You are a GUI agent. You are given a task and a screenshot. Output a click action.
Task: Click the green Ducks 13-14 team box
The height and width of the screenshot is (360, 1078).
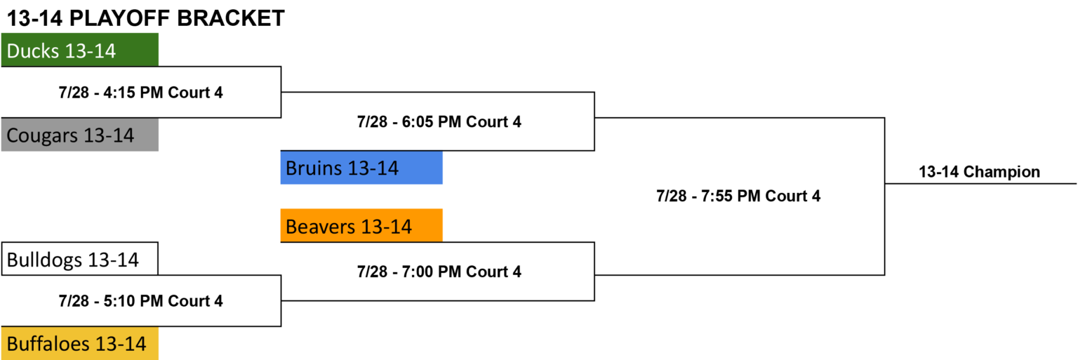click(80, 50)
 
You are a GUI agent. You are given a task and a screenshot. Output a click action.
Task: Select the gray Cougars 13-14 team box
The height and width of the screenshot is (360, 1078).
click(80, 135)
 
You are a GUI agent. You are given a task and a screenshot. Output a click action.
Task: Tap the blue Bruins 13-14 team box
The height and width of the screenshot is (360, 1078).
click(361, 168)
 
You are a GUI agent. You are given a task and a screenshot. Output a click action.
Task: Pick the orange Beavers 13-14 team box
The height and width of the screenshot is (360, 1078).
click(361, 225)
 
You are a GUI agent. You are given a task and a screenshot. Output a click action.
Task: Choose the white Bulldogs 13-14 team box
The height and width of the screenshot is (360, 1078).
click(80, 259)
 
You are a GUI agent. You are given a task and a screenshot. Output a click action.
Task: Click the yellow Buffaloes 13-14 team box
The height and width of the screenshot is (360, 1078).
click(80, 344)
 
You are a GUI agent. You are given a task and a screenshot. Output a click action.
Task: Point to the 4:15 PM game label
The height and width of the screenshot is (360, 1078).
click(140, 93)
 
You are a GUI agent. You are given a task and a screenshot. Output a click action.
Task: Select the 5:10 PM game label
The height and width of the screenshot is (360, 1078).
click(140, 301)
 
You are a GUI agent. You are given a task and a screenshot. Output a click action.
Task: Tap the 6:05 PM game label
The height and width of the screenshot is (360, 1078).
click(439, 122)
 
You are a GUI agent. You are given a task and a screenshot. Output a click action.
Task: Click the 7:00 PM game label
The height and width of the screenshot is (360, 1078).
click(439, 272)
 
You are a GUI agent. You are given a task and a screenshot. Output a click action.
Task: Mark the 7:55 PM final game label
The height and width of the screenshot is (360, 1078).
click(738, 196)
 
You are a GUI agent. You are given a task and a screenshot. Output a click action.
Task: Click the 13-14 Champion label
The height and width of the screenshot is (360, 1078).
click(979, 172)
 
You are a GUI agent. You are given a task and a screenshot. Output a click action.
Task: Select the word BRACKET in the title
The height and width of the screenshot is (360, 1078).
click(231, 18)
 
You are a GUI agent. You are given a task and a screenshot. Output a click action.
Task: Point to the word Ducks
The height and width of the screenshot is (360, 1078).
click(33, 51)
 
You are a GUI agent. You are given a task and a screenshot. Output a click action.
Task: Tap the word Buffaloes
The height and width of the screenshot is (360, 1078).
click(48, 344)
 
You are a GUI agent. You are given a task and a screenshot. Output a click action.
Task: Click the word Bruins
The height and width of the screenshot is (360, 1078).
click(313, 168)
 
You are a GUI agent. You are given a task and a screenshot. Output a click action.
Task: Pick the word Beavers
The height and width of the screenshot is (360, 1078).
click(321, 227)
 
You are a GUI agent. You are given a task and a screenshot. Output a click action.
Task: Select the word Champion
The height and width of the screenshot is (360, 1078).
click(1002, 172)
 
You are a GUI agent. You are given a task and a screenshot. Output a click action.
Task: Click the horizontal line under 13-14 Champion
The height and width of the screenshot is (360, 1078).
click(980, 183)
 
